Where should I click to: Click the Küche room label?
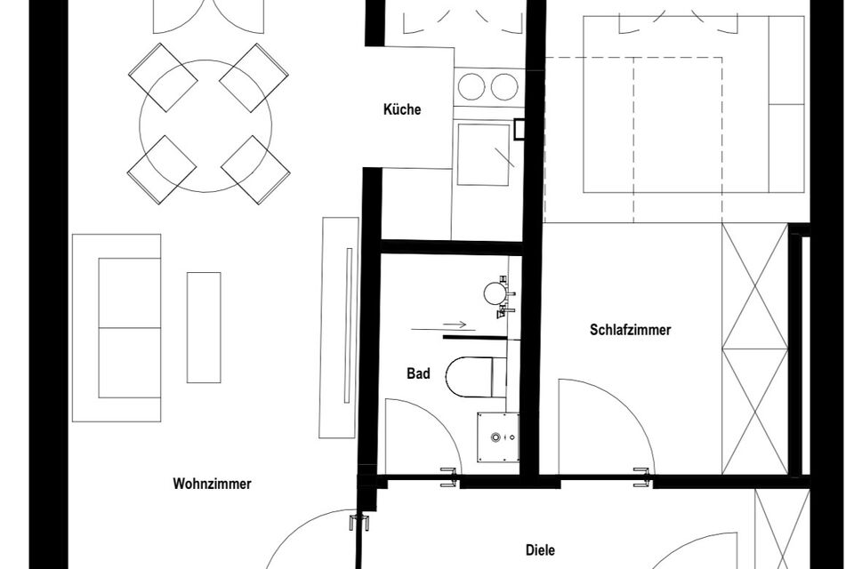point(402,110)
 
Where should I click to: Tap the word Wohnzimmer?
point(212,485)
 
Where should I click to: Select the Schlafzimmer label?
point(630,330)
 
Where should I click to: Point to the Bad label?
point(418,374)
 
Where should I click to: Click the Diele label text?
point(540,551)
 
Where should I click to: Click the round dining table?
point(205,124)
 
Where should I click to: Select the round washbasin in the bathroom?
point(494,293)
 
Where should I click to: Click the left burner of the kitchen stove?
point(471,86)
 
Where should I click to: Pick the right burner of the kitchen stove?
point(504,86)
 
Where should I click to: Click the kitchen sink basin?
point(483,154)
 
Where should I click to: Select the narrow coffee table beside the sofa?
point(204,327)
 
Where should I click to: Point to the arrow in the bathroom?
point(452,325)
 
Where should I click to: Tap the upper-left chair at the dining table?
point(163,76)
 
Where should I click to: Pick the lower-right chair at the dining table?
point(256,169)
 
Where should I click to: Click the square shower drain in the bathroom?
point(496,437)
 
